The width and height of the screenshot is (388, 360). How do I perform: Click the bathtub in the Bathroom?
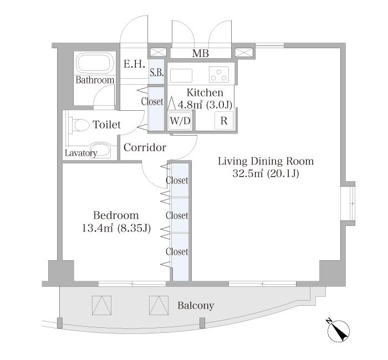pos(95,63)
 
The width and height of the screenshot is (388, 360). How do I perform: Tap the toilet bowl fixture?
pos(80,125)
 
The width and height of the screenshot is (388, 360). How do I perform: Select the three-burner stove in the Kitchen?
pos(219,75)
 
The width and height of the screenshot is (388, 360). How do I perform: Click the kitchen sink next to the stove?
pos(181,76)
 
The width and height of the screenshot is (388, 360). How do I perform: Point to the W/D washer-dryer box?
pos(180,121)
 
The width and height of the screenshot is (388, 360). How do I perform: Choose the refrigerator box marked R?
pos(224,121)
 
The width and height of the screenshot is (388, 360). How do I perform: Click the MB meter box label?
pos(201,53)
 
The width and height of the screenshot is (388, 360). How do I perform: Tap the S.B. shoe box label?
pos(157,73)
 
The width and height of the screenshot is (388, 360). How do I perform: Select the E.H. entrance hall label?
pos(134,64)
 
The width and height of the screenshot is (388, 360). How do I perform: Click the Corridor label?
pos(145,148)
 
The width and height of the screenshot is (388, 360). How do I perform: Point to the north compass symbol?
pos(338,330)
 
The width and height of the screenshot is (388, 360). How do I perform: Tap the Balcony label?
pos(196,306)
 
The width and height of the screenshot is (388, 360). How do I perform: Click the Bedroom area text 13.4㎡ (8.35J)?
pos(116,228)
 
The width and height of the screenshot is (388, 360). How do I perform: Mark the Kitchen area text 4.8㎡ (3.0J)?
pos(205,105)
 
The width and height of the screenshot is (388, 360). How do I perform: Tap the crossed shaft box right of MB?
pos(244,53)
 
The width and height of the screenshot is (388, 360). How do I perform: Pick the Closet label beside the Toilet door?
pos(152,101)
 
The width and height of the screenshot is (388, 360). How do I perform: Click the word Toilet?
pos(106,125)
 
